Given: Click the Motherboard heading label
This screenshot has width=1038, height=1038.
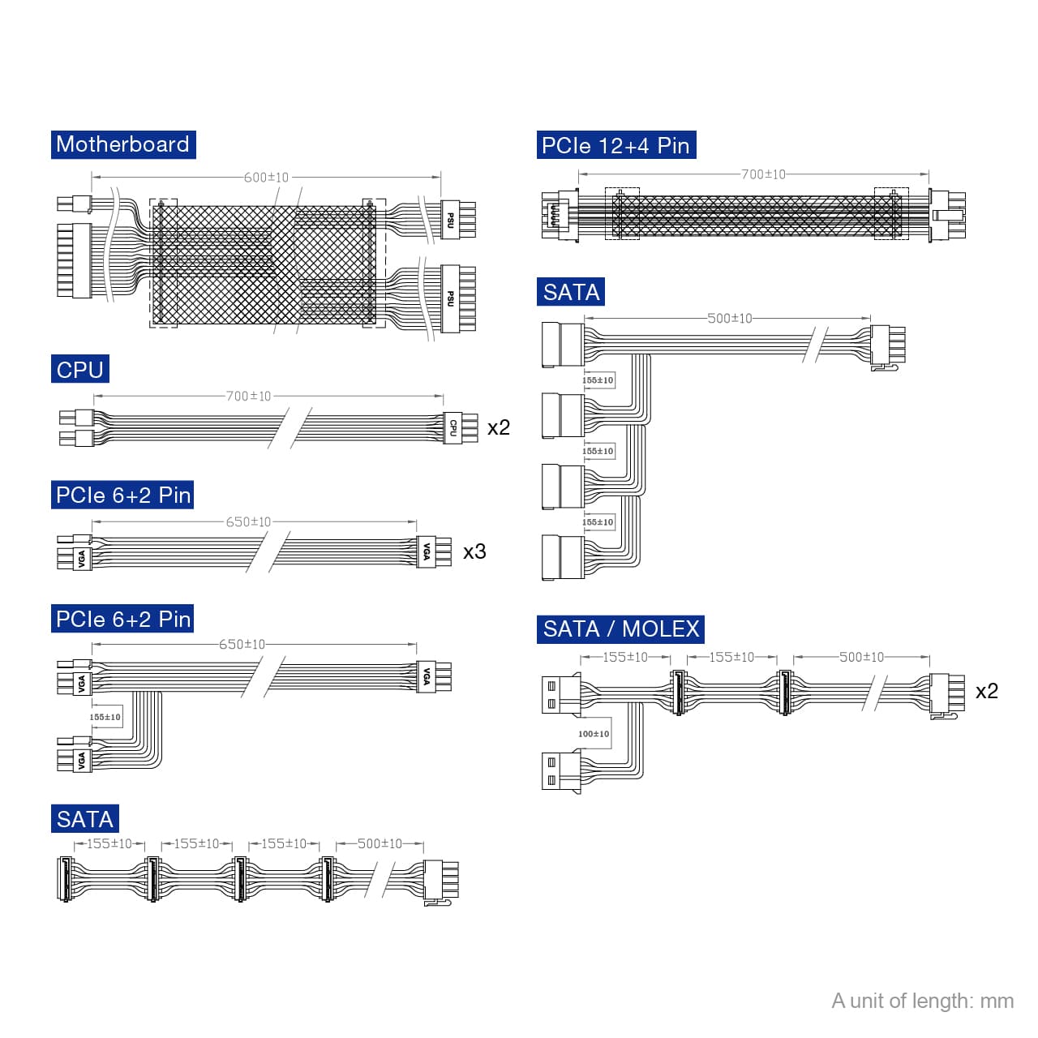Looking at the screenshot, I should coord(123,144).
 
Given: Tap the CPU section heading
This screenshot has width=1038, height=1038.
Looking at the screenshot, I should coord(79,370).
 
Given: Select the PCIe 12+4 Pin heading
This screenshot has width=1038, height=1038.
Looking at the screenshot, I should coord(616,146).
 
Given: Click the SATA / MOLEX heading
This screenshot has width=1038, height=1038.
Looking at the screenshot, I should coord(620,629).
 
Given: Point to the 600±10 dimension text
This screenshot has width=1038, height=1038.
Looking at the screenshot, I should coord(266,178).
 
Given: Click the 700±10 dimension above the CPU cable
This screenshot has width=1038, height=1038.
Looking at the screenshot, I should coord(248,397).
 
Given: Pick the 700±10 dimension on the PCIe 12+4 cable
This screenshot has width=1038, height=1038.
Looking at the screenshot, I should coord(763,174).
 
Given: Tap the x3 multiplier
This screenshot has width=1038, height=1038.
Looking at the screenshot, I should coord(474,552).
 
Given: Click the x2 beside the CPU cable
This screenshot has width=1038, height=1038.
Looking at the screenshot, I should coord(499,427).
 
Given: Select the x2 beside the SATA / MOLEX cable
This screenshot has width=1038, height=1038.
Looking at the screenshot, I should coord(986,692).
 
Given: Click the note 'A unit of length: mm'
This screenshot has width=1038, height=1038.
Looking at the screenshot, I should coord(922,1001).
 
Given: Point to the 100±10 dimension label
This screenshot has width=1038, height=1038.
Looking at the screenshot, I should coord(594,734).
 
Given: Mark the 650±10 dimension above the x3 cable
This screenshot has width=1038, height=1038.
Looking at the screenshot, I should coord(248,522).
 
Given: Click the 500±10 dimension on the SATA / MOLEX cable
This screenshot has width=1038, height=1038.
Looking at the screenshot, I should coord(861,657).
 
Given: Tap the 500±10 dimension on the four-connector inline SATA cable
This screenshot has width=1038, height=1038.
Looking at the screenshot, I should coord(380,844).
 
